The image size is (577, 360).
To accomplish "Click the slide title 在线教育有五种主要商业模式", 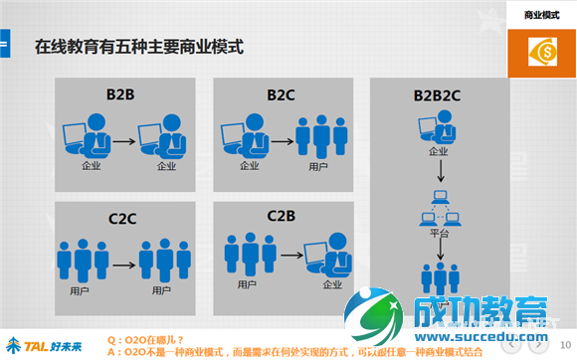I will tap(139, 47).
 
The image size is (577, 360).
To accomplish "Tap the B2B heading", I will tap(121, 95).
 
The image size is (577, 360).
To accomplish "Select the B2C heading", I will tap(283, 95).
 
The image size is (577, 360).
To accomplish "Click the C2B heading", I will tap(283, 215).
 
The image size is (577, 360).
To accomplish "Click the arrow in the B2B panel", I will tap(123, 141).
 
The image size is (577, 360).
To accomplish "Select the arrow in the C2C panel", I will tap(123, 266).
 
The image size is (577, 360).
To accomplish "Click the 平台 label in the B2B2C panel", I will tap(439, 233).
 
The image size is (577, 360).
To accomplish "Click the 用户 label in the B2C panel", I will tap(318, 165).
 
